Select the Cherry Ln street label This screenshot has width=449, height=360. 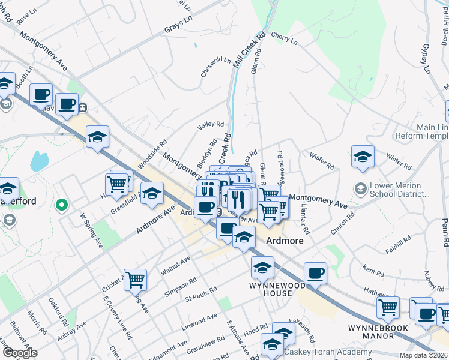click(284, 38)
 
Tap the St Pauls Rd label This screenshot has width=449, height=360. click(200, 296)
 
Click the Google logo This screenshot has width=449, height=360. click(20, 353)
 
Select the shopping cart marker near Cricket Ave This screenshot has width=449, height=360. click(136, 279)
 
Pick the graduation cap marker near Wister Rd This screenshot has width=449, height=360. click(363, 157)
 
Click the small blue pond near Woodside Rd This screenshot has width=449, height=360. click(39, 161)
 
